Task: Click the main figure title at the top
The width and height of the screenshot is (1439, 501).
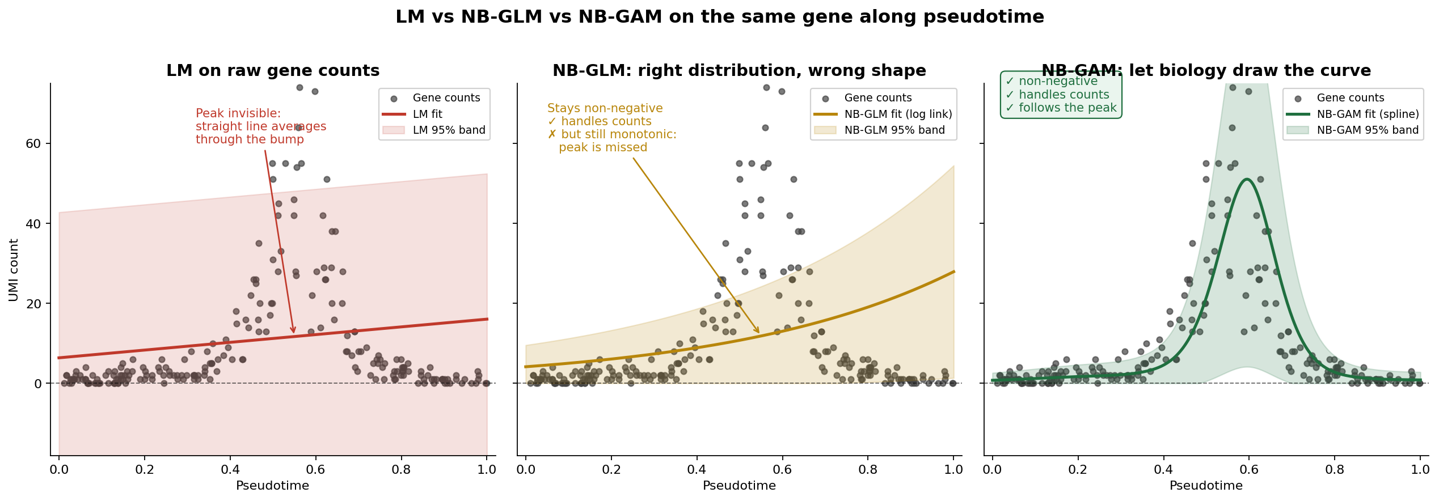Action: (719, 17)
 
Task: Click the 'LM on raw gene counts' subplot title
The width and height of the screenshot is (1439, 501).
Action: (273, 71)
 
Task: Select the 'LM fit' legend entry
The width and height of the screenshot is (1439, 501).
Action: (428, 114)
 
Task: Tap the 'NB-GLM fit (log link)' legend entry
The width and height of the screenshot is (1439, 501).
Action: (898, 114)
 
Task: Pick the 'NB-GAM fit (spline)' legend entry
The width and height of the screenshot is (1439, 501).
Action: (1368, 114)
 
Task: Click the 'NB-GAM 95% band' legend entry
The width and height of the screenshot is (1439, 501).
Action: (1368, 130)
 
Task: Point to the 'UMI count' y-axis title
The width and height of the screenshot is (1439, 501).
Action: (14, 270)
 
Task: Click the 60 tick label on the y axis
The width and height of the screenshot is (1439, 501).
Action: (33, 143)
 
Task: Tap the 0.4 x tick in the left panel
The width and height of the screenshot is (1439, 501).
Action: (230, 469)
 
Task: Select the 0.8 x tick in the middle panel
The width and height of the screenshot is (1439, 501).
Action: (868, 469)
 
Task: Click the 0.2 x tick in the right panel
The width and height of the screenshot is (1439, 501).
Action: (1078, 469)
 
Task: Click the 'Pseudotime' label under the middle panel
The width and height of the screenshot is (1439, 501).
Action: (739, 486)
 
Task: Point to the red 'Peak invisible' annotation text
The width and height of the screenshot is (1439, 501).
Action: (238, 113)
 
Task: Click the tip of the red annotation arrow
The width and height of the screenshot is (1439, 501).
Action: (294, 333)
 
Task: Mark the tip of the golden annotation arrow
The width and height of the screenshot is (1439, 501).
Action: (759, 333)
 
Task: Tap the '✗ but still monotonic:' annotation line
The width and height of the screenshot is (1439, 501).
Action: (612, 134)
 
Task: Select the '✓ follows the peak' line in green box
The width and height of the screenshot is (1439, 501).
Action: (1061, 108)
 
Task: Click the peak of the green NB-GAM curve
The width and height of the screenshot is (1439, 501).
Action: (1246, 179)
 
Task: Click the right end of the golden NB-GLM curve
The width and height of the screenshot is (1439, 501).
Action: (954, 271)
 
